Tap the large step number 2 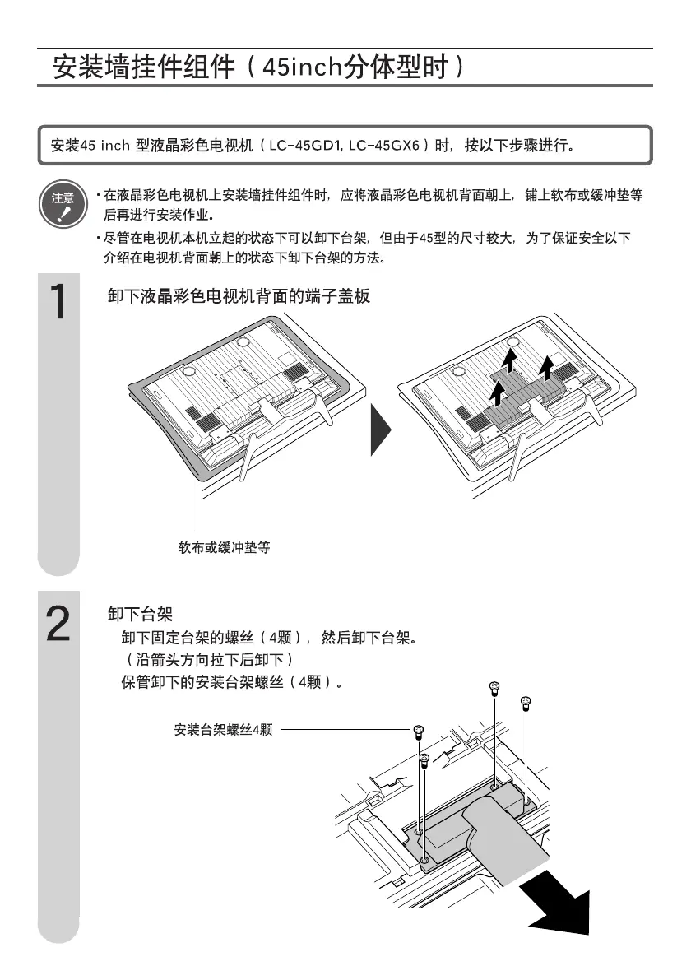(58, 625)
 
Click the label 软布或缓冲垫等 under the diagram (224, 546)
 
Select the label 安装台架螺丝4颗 (223, 729)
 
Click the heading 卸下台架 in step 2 (140, 614)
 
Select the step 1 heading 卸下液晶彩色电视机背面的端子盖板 (239, 296)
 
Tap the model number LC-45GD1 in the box (304, 146)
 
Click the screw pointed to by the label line (418, 730)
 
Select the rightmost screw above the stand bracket (526, 703)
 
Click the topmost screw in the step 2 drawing (494, 686)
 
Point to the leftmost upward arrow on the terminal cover (496, 396)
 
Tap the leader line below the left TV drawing (197, 510)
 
